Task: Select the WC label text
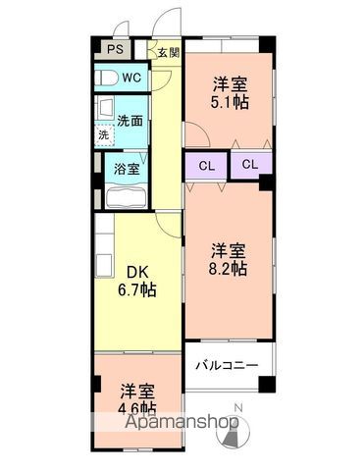click(x=132, y=77)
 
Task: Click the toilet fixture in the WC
click(x=105, y=77)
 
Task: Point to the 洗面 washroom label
click(x=130, y=121)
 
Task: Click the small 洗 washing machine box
click(x=103, y=135)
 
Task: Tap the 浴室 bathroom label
click(x=127, y=169)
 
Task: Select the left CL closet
click(x=207, y=165)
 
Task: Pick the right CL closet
click(x=251, y=165)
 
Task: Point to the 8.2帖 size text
click(x=231, y=268)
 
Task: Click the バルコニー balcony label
click(x=228, y=366)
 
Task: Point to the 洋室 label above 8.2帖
click(x=231, y=249)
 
